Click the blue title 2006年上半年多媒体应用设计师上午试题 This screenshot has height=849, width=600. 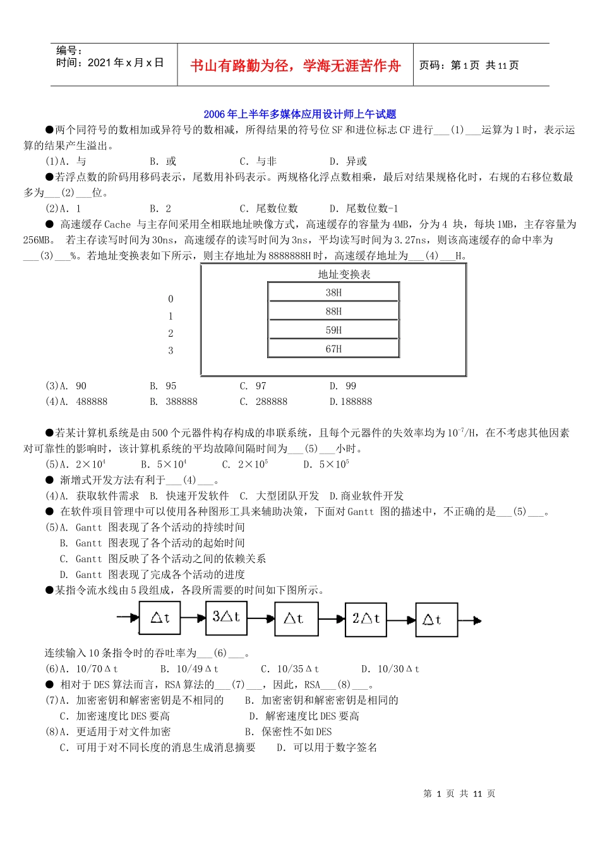click(x=299, y=114)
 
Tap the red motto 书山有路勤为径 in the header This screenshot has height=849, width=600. click(x=296, y=66)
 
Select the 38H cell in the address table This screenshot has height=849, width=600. click(x=333, y=292)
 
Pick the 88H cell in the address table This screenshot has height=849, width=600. click(x=333, y=311)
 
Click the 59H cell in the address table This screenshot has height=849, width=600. click(x=333, y=330)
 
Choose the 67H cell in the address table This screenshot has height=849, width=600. click(x=333, y=349)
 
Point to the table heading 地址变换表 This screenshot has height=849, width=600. click(x=344, y=274)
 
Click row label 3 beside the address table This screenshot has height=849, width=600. click(x=171, y=351)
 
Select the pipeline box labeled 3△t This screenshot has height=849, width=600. click(x=226, y=617)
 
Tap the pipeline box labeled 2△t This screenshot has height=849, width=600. click(x=366, y=618)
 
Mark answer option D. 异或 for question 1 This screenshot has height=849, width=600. click(x=348, y=162)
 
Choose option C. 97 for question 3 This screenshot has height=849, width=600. click(x=253, y=386)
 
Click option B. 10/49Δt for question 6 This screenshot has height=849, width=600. click(x=189, y=669)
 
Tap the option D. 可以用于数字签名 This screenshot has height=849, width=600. click(x=327, y=748)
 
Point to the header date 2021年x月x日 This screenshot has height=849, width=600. click(x=110, y=63)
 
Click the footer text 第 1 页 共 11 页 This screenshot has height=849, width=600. click(x=459, y=794)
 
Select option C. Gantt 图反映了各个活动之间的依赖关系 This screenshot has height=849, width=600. click(x=163, y=559)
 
